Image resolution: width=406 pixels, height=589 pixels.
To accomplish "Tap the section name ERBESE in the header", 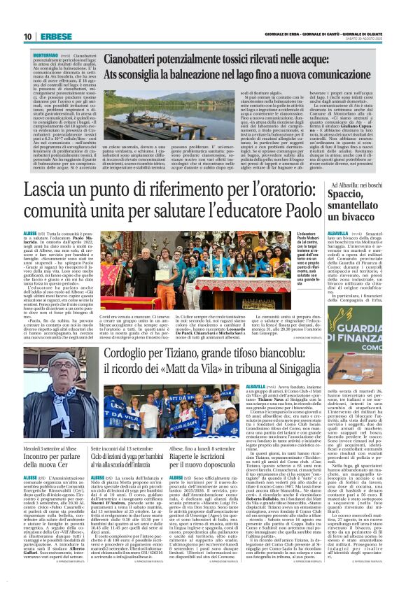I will [x=52, y=36].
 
